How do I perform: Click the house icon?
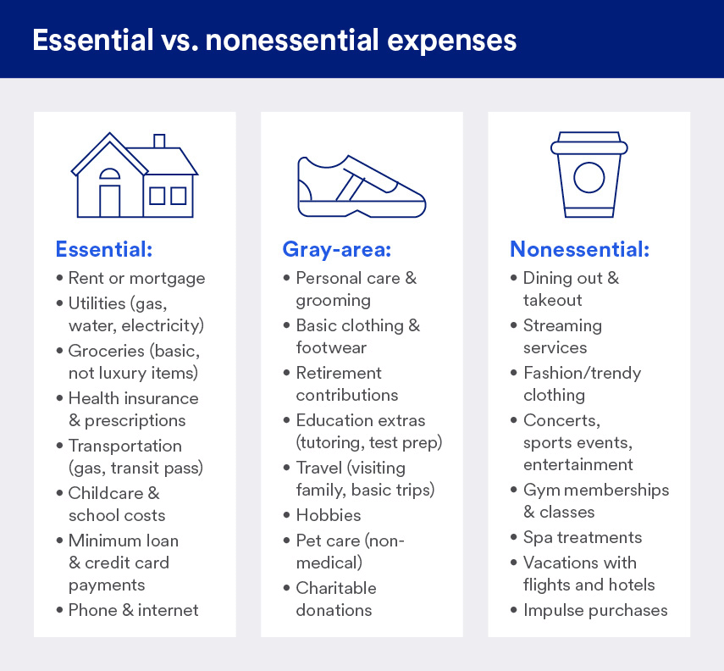135,175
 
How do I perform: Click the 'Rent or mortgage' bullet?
136,278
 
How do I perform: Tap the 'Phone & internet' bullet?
133,610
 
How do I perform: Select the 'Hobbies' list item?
328,515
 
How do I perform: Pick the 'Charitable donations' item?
335,599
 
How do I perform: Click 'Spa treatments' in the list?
582,537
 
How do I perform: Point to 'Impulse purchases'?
594,610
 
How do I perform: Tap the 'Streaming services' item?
562,336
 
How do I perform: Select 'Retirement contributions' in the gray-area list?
346,384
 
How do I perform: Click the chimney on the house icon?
159,142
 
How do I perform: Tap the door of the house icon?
110,201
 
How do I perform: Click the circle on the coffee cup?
589,178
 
